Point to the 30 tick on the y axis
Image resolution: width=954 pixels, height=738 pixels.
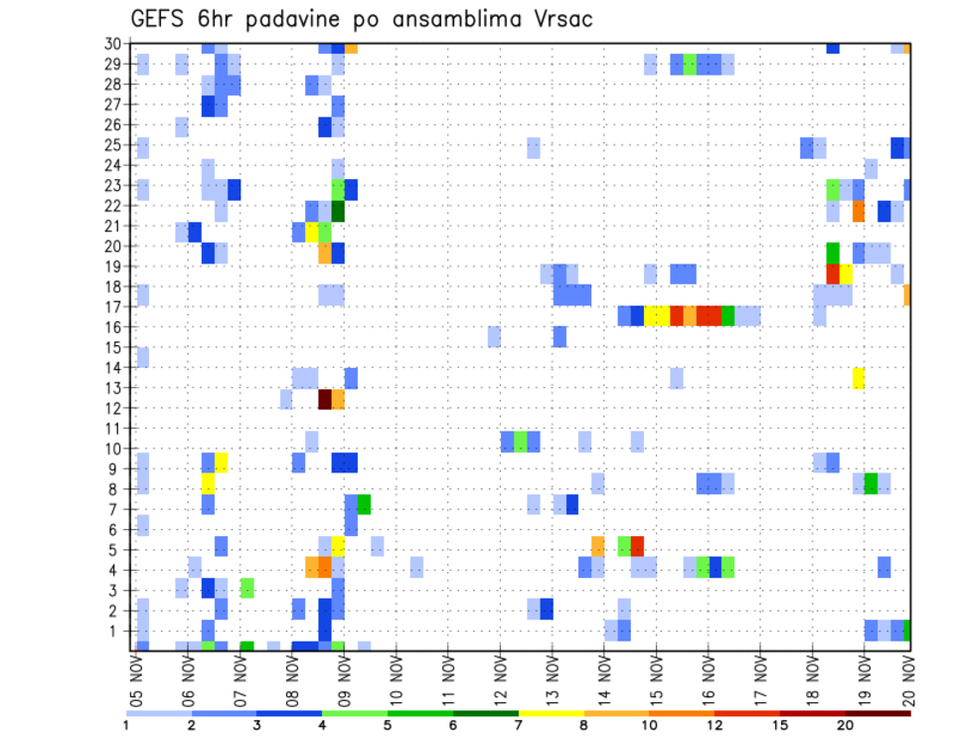pyautogui.click(x=115, y=44)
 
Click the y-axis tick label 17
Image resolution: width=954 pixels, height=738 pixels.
pyautogui.click(x=115, y=306)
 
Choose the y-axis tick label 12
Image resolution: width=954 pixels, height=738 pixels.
pyautogui.click(x=115, y=408)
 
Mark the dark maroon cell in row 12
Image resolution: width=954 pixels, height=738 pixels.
pyautogui.click(x=324, y=399)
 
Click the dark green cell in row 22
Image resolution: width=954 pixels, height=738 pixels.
pyautogui.click(x=338, y=211)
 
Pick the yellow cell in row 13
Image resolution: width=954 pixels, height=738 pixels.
pyautogui.click(x=859, y=378)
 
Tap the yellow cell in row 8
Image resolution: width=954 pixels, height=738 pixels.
pyautogui.click(x=209, y=483)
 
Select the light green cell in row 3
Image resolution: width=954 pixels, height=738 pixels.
pyautogui.click(x=246, y=588)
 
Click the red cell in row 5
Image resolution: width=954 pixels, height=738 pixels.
pyautogui.click(x=637, y=545)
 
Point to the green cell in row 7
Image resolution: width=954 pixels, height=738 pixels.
pyautogui.click(x=364, y=504)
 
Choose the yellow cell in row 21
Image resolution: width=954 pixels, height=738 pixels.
pyautogui.click(x=312, y=232)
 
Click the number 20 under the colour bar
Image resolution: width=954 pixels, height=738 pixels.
pyautogui.click(x=846, y=725)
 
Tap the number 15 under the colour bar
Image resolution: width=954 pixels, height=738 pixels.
pyautogui.click(x=780, y=725)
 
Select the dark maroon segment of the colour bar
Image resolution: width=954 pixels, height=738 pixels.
pyautogui.click(x=877, y=713)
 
